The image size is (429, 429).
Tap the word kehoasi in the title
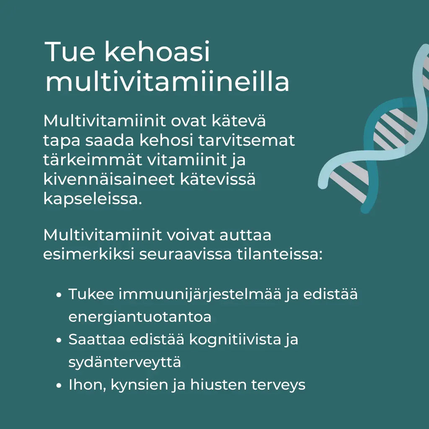pos(157,52)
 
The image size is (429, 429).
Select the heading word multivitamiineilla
pos(167,82)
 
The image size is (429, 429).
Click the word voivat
pos(191,235)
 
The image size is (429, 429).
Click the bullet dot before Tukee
pos(59,295)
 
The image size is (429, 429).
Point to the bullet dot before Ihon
pos(59,385)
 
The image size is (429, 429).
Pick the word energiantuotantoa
pos(140,317)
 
